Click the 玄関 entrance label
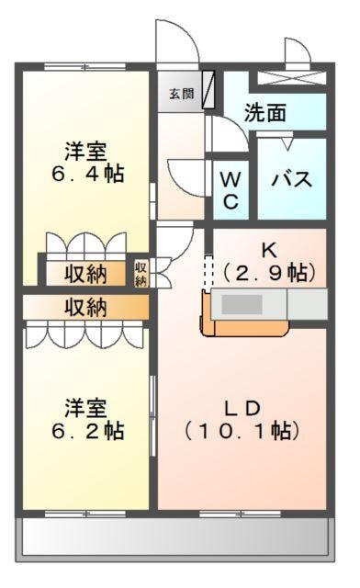pos(181,93)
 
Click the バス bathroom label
pos(290,179)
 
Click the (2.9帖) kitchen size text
pos(269,273)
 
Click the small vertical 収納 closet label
pos(141,274)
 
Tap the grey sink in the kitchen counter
pos(243,305)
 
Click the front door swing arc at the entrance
pos(174,41)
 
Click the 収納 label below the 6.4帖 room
pos(84,273)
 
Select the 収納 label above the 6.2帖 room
pos(84,307)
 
